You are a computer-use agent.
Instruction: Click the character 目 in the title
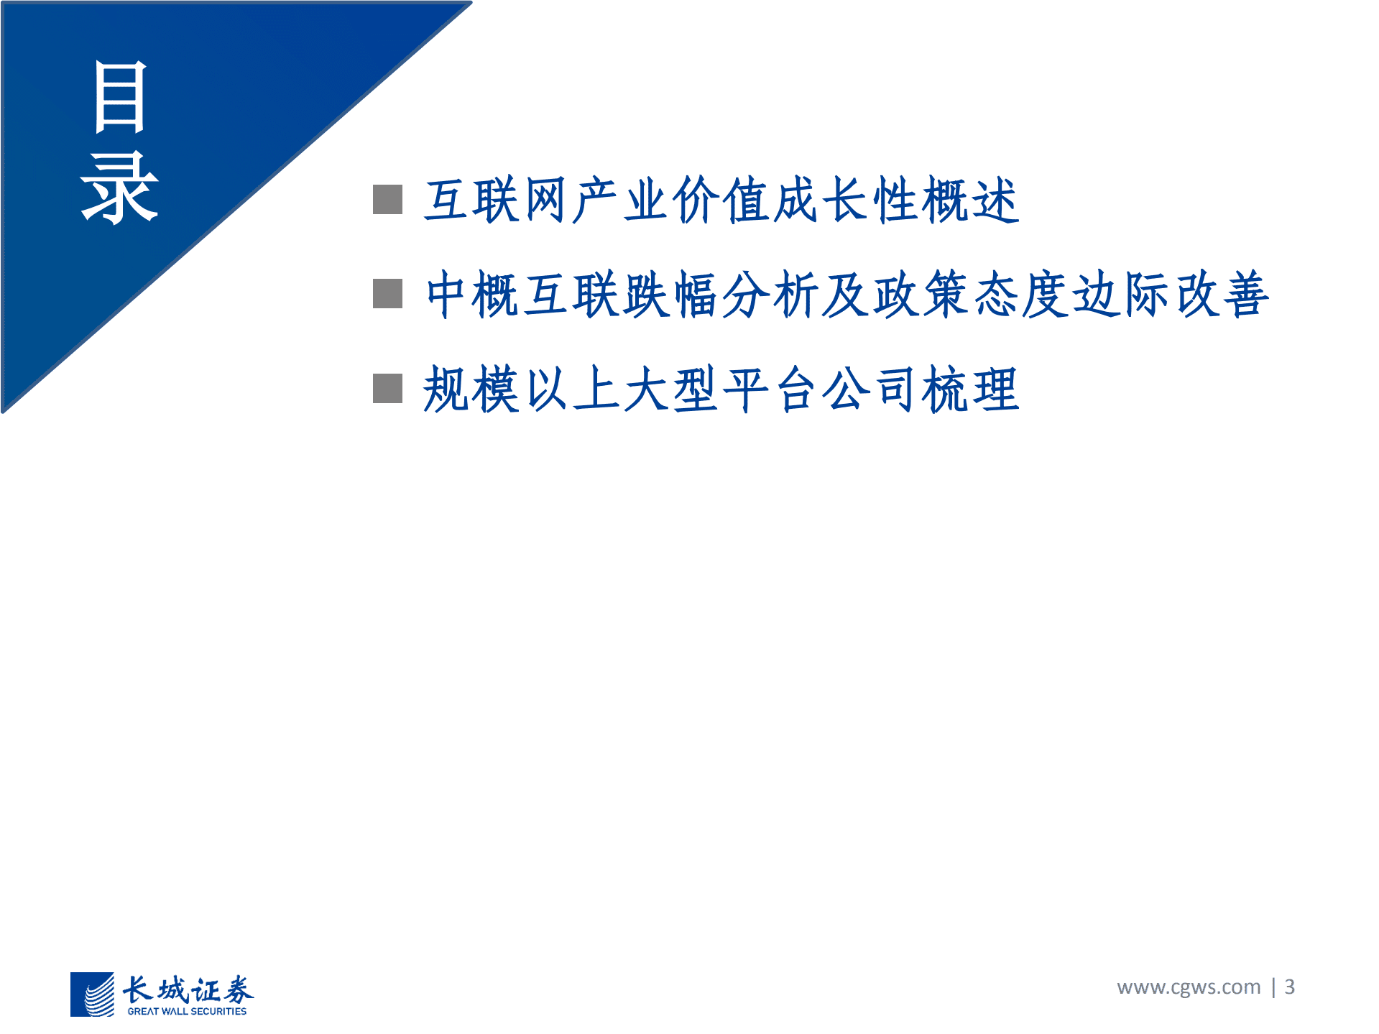[120, 97]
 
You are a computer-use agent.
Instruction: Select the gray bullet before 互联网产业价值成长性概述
[387, 200]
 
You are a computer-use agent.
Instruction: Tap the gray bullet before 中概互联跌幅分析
[387, 293]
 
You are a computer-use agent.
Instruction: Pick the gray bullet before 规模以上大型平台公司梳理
[387, 388]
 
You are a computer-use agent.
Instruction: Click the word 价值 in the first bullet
[721, 200]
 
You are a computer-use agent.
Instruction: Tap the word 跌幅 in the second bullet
[671, 294]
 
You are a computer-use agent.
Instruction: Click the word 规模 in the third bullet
[471, 389]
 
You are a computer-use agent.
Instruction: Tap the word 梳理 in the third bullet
[970, 389]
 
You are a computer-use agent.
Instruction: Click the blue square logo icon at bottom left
[92, 994]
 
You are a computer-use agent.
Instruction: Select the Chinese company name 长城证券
[188, 989]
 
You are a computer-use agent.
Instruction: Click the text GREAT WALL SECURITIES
[187, 1011]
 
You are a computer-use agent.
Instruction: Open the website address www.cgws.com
[1189, 987]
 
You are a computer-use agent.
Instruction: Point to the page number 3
[1290, 987]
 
